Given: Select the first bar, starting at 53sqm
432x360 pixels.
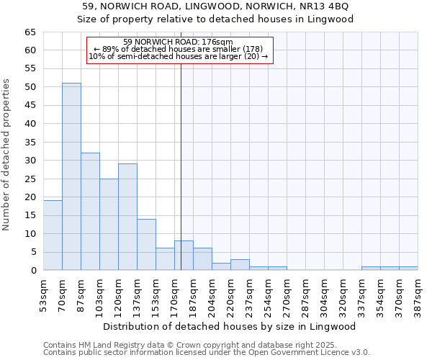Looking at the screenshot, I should pos(53,235).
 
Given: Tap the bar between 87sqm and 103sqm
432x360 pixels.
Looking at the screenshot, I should pos(90,212).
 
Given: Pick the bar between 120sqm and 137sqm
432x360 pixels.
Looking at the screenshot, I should pos(127,217).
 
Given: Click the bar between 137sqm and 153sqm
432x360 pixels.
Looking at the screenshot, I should pos(146,245).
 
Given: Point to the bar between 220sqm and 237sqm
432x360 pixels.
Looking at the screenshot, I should pos(240,265).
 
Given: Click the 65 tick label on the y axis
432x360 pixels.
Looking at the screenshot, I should pos(30,32).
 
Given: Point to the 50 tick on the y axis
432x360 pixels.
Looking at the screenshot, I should pos(30,87).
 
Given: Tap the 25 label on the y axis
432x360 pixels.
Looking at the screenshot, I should pos(30,179).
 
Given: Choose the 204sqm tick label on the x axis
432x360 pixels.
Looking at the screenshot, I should pos(212,295).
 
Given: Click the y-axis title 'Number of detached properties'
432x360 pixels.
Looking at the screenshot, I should pos(6,166).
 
